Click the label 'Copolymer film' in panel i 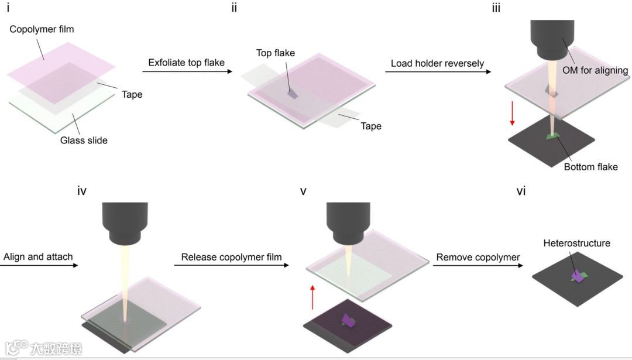pos(42,29)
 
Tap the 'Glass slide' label pos(84,140)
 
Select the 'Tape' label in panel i pos(132,94)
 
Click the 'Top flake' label pos(276,53)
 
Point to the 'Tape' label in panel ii pos(371,126)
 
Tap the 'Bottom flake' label pos(590,167)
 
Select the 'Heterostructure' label pos(576,243)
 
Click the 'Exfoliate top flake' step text pos(187,63)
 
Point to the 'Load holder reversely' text pos(437,63)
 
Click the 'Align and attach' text pos(37,257)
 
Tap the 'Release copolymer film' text pos(231,257)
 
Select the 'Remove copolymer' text pos(478,257)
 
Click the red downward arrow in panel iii pos(512,112)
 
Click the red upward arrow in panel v pos(313,296)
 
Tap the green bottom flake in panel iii pos(552,137)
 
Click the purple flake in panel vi pos(578,277)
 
